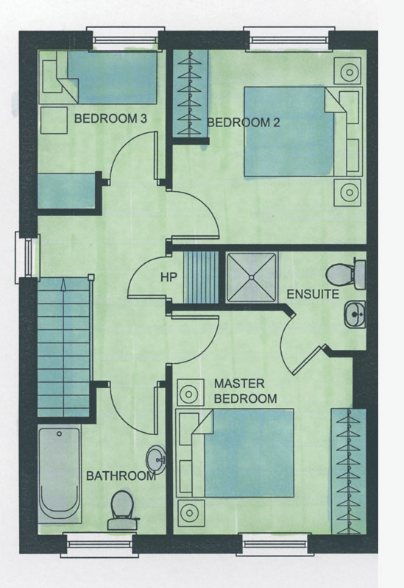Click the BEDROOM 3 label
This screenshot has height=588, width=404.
point(110,119)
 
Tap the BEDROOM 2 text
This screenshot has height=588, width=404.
point(244,123)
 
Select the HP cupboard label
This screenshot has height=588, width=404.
point(169,277)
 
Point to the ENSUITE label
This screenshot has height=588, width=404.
point(313,294)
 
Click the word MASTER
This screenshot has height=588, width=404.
point(239,384)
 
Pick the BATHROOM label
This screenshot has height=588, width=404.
point(121,476)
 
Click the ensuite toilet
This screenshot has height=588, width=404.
point(345,273)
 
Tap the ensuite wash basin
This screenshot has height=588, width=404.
point(355,315)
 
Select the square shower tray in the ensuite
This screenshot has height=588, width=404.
point(252,277)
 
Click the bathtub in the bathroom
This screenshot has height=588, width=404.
point(60,473)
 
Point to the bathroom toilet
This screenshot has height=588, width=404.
point(122,510)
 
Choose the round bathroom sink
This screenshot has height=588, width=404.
point(156,460)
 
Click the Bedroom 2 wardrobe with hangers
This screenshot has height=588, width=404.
point(190,93)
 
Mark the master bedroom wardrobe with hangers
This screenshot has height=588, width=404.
point(348,471)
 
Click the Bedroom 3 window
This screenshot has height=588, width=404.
point(125,39)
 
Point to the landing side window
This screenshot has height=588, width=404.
point(27,257)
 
